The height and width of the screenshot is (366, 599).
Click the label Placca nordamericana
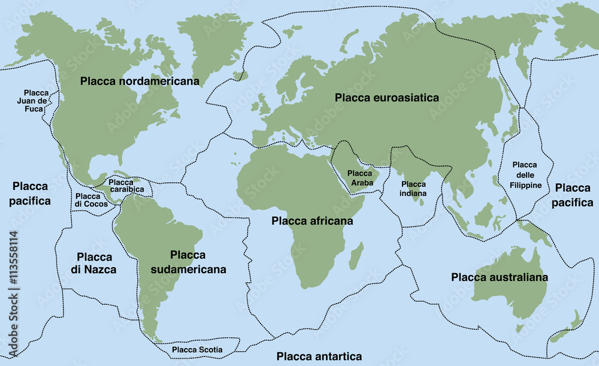[x=140, y=81]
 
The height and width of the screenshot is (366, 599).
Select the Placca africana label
[x=312, y=221]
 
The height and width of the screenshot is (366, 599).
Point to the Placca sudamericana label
[x=187, y=262]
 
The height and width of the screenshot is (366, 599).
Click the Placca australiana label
[x=500, y=277]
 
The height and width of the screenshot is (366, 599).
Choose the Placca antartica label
[x=319, y=356]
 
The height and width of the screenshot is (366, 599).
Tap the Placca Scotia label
[x=197, y=349]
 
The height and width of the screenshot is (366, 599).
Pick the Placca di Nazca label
[x=93, y=263]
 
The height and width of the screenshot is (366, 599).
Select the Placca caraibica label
[x=126, y=186]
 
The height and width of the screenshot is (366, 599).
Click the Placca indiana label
[x=414, y=189]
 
